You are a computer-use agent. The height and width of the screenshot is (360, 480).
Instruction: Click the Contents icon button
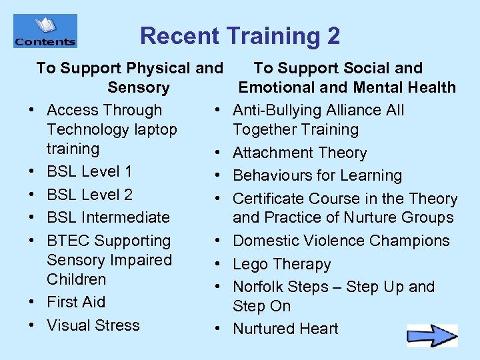(x=45, y=31)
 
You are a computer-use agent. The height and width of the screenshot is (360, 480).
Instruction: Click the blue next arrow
(x=432, y=335)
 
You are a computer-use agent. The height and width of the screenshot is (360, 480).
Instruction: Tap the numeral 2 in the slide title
(x=332, y=36)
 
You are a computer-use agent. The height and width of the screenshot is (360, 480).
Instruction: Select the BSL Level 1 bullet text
(x=89, y=171)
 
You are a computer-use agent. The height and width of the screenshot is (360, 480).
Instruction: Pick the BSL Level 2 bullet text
(x=89, y=195)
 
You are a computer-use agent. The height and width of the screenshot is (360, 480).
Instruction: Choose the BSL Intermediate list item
(x=108, y=217)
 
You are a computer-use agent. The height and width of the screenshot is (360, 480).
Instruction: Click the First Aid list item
(x=76, y=302)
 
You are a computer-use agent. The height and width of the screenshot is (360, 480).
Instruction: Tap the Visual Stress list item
(x=93, y=325)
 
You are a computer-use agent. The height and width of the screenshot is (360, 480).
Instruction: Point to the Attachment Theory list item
(x=299, y=153)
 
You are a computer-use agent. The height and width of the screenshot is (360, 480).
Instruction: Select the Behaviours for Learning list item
(x=317, y=176)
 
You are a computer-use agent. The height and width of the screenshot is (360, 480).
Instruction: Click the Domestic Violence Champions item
(x=341, y=241)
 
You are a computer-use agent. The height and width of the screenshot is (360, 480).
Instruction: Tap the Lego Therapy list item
(x=281, y=264)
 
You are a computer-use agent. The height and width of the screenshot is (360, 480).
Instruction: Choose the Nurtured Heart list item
(x=285, y=329)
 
